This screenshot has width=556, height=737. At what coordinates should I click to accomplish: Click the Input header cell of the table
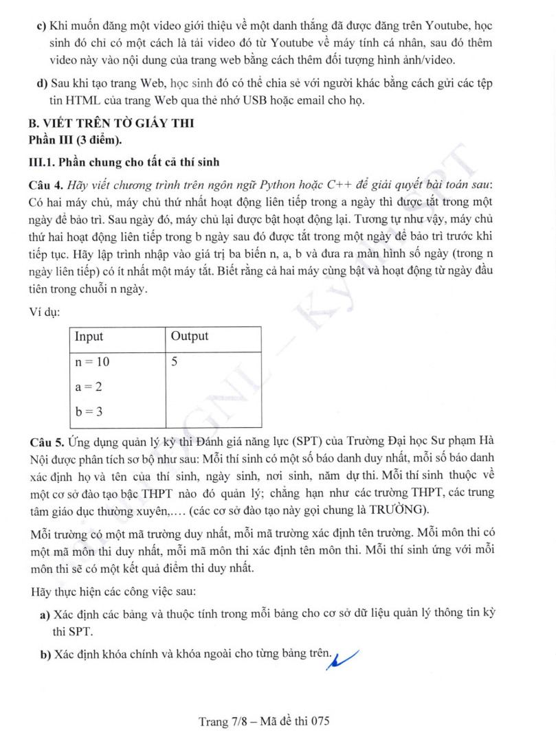[x=89, y=337]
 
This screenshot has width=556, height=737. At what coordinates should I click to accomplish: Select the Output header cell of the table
[x=190, y=337]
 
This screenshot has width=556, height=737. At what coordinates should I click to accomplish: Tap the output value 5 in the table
[x=175, y=361]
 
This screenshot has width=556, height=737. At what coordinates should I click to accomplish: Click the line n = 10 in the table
[x=92, y=362]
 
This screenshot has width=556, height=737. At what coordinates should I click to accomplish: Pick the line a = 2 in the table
[x=89, y=387]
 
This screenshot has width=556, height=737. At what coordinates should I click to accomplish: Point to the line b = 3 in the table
[x=89, y=411]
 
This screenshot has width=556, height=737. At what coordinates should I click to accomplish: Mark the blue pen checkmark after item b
[x=346, y=658]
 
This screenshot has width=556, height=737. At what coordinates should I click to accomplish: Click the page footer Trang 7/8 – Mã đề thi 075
[x=265, y=721]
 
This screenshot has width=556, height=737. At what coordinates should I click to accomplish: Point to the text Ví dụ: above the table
[x=45, y=312]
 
